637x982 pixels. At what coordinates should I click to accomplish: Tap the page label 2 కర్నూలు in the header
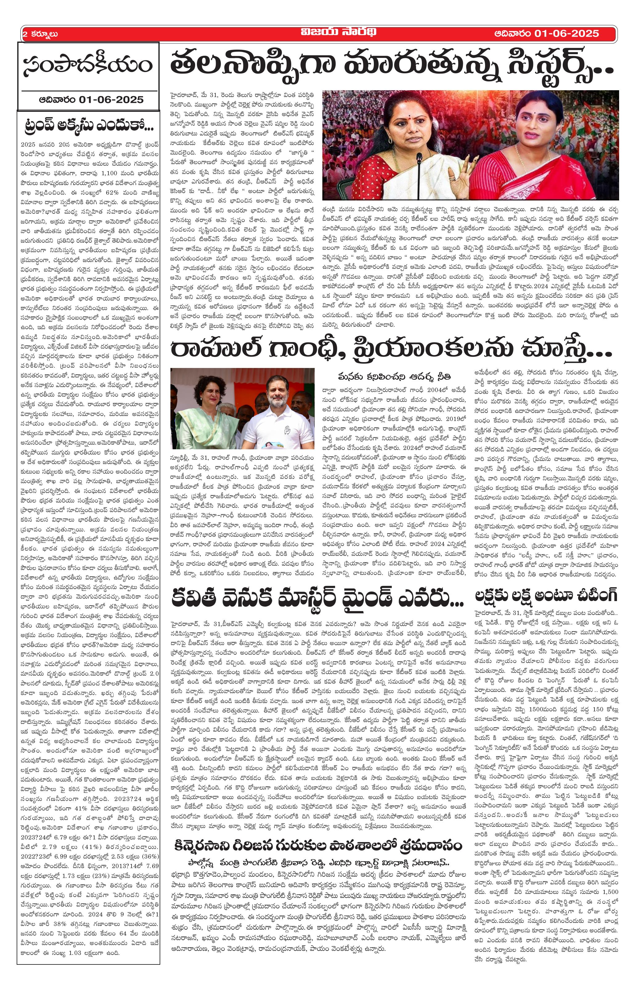click(40, 34)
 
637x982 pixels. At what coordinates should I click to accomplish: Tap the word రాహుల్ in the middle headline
click(225, 349)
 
